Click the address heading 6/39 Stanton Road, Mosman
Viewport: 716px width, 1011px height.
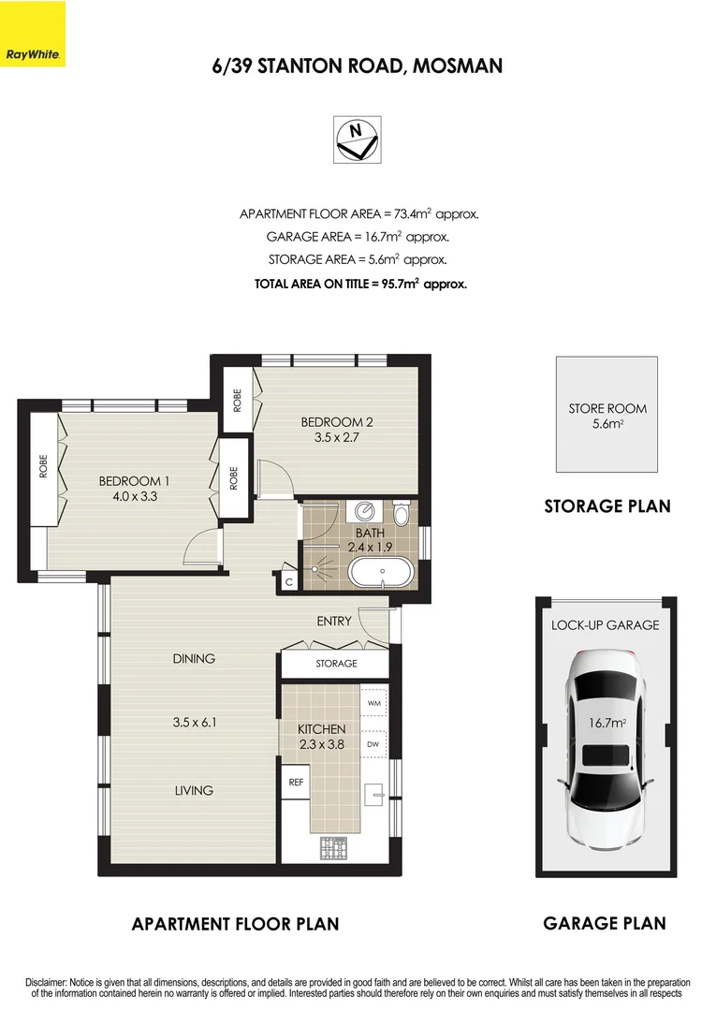click(x=358, y=66)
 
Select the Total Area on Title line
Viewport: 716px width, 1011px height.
click(x=360, y=283)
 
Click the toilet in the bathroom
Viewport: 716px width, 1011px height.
click(x=402, y=514)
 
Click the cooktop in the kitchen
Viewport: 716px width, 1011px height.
click(x=334, y=849)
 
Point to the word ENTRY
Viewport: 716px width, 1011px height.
click(x=334, y=621)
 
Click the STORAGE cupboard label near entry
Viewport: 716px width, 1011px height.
click(x=335, y=663)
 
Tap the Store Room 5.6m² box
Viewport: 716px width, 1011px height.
click(x=607, y=415)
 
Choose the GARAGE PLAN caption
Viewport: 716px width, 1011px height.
click(x=605, y=923)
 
